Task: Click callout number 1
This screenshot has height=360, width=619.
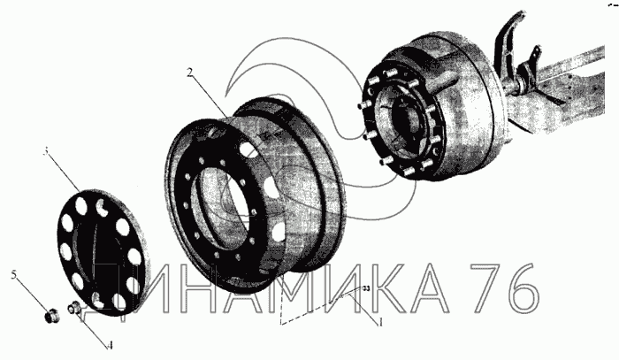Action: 380,323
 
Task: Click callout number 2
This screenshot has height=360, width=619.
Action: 190,73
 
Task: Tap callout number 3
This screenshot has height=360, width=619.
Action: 46,151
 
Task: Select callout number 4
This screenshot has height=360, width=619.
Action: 111,345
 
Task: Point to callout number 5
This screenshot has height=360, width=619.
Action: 14,274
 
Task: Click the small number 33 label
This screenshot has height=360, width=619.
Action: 366,289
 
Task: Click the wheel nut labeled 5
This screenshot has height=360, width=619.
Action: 51,316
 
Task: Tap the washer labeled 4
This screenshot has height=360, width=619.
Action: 73,307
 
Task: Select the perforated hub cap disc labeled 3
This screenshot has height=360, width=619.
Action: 103,253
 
